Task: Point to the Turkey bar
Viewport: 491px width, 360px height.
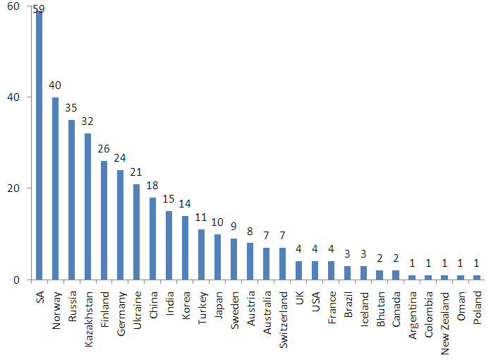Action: click(201, 254)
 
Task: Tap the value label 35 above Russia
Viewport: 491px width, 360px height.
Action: click(71, 109)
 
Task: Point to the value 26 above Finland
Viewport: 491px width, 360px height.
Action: click(104, 150)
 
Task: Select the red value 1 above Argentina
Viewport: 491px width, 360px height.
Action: click(412, 264)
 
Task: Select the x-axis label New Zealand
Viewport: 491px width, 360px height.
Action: click(445, 316)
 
